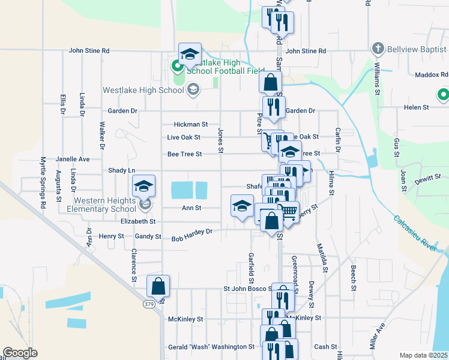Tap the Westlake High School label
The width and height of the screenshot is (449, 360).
tap(142, 91)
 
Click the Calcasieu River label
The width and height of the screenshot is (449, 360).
tap(419, 236)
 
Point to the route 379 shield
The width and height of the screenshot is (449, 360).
tap(149, 305)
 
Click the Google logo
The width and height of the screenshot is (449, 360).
tap(20, 353)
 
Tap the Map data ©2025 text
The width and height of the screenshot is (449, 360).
tap(423, 355)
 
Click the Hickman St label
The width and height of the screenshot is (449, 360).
tap(190, 125)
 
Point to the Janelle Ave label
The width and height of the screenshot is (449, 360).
tap(73, 160)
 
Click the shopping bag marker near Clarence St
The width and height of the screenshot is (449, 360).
tap(158, 287)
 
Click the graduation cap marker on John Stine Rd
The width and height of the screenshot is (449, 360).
tap(190, 53)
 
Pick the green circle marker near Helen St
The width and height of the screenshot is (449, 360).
tap(443, 94)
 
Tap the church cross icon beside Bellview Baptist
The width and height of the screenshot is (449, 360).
tap(378, 47)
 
